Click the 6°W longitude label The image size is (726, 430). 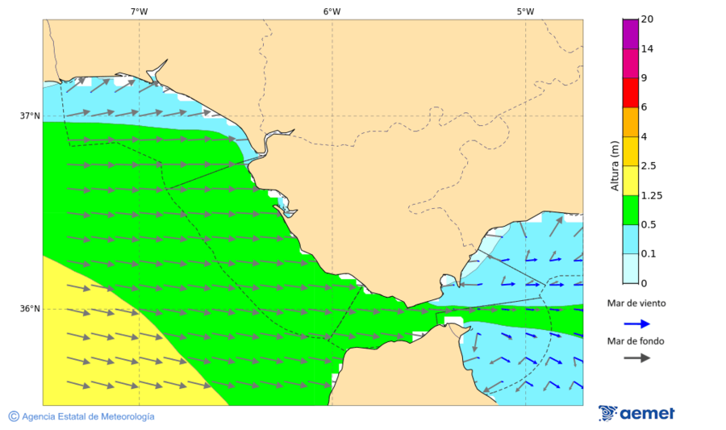click(332, 11)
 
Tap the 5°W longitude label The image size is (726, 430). click(525, 11)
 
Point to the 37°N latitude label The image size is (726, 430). click(30, 115)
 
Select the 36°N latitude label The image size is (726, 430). click(30, 308)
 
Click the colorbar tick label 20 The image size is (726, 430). click(647, 19)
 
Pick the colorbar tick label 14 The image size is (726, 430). click(647, 48)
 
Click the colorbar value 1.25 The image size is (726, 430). click(651, 195)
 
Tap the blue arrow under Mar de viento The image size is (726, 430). click(636, 324)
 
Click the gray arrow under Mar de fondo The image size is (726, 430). click(636, 357)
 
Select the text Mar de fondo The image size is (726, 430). click(636, 341)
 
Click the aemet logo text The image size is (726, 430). click(647, 414)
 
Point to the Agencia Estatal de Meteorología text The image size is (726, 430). click(88, 416)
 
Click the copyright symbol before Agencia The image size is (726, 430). click(14, 416)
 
